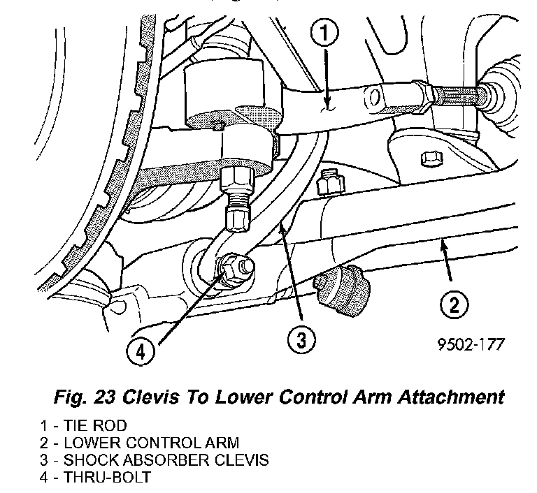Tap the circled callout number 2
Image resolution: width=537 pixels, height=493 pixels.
pyautogui.click(x=454, y=304)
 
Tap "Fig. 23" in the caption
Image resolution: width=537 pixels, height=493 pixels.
pyautogui.click(x=85, y=397)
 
